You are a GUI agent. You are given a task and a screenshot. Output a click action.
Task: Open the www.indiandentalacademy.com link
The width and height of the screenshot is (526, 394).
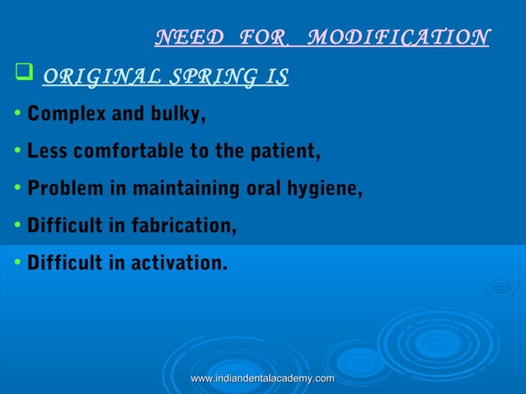click(262, 378)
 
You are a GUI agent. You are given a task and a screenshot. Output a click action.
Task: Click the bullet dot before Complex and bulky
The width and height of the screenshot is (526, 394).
click(17, 114)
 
